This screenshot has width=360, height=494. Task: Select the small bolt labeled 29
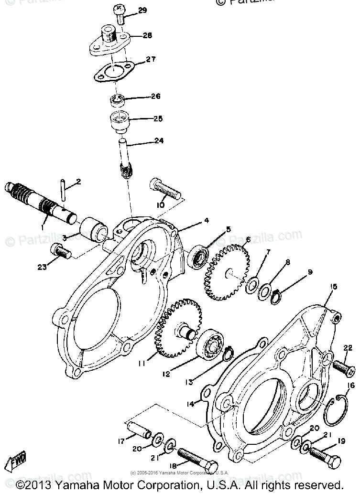pos(120,13)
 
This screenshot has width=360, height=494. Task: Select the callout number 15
pos(333,286)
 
